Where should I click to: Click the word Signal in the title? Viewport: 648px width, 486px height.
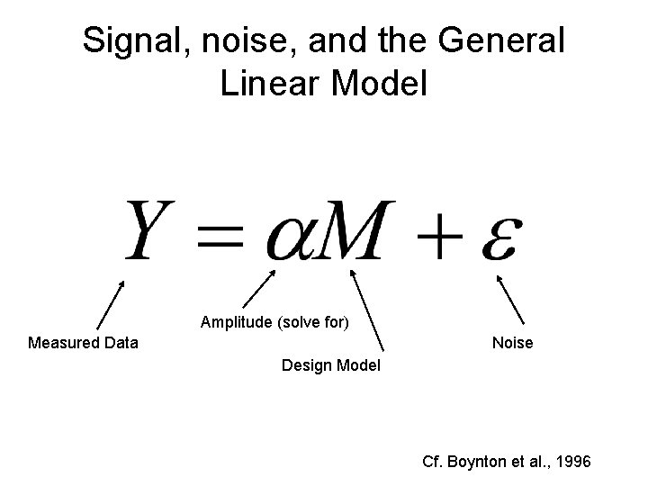click(x=131, y=41)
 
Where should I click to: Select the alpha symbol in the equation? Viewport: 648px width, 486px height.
click(x=292, y=239)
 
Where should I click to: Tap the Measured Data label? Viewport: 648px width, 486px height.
click(x=84, y=343)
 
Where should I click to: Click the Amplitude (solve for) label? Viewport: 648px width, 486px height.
click(x=275, y=321)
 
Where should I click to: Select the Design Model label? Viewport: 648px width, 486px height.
click(x=331, y=366)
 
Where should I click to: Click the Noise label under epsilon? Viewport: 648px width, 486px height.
click(x=512, y=343)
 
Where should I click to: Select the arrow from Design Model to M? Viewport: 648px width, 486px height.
click(x=368, y=308)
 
